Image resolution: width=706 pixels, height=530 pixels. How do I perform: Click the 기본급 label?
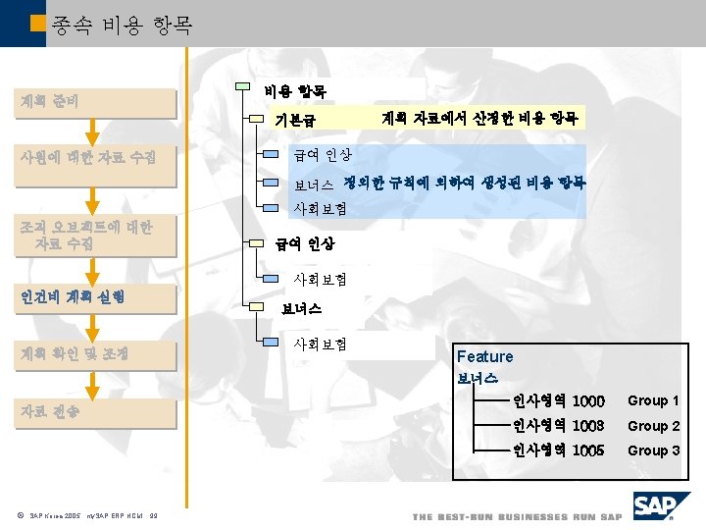click(294, 121)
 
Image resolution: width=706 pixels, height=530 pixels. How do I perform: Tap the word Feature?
click(484, 356)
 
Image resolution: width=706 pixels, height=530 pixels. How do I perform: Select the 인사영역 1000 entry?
click(558, 400)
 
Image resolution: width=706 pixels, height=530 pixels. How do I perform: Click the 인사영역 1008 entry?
click(558, 426)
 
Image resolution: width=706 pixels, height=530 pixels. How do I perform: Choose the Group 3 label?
click(653, 450)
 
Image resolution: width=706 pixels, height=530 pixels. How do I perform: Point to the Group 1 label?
click(653, 400)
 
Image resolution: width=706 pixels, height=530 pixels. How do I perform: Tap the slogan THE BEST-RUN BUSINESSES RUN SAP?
click(517, 517)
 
